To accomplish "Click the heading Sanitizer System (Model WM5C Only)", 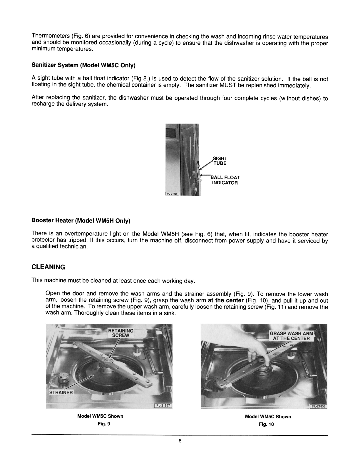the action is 83,65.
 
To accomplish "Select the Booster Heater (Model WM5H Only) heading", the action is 81,221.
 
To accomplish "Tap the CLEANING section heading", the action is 48,267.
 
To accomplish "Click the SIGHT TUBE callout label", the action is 220,161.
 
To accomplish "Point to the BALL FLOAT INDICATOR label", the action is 225,180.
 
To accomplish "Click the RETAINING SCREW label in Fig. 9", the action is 121,333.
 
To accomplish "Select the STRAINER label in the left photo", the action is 61,393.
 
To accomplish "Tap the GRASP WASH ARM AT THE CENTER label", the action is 291,336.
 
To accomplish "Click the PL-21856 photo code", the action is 173,194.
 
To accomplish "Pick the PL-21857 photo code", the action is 163,405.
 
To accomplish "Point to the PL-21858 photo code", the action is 319,406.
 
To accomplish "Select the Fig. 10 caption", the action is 266,424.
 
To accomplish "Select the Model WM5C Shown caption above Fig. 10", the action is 268,417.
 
